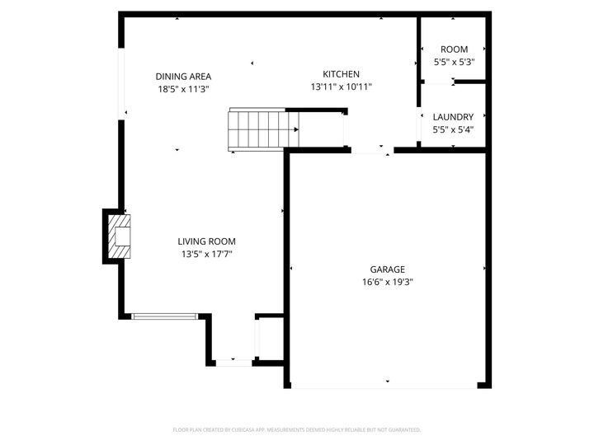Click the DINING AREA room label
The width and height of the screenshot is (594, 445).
pos(183,77)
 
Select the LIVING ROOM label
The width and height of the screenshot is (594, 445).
pos(206,241)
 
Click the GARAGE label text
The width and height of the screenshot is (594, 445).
pos(387,269)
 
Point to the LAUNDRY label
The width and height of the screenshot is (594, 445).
pos(453,117)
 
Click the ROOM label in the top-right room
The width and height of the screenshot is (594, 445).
pos(454,49)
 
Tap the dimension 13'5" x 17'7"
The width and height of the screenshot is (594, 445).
pos(206,254)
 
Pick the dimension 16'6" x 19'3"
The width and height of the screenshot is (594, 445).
pos(387,282)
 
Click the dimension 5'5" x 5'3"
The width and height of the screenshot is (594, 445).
pos(454,62)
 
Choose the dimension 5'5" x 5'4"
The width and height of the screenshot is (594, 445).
pos(453,129)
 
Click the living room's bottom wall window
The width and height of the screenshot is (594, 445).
pos(165,316)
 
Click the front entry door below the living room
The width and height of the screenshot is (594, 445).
pos(233,362)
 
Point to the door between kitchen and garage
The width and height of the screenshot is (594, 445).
pos(371,151)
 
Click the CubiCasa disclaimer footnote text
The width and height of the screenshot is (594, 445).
pos(297,429)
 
